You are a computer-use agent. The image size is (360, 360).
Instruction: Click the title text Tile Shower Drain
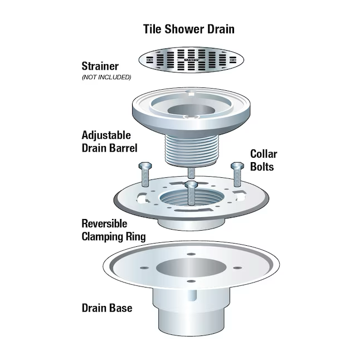189,29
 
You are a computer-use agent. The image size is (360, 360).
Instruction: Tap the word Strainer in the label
100,66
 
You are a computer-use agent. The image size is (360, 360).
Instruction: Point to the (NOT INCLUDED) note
106,77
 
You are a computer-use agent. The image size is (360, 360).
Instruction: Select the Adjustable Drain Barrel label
109,142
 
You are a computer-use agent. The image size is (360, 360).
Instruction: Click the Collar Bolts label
264,160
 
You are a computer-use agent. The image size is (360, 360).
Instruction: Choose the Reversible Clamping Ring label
114,230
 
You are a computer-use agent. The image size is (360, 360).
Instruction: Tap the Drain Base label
107,308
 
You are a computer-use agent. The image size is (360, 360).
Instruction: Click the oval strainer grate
191,60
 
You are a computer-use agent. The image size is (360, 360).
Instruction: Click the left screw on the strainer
150,60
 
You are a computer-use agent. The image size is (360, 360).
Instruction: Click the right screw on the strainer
232,60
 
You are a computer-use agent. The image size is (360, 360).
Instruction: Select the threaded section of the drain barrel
192,150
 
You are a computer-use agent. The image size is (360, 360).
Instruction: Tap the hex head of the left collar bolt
145,166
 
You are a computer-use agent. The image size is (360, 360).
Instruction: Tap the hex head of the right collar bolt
237,166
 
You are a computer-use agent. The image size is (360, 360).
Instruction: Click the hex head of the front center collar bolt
192,184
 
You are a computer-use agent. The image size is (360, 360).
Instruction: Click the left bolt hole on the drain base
144,268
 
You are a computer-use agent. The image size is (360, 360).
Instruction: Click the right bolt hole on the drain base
237,267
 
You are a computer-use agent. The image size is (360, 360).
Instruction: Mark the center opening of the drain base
191,267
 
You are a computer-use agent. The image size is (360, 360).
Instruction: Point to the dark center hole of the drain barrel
191,110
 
